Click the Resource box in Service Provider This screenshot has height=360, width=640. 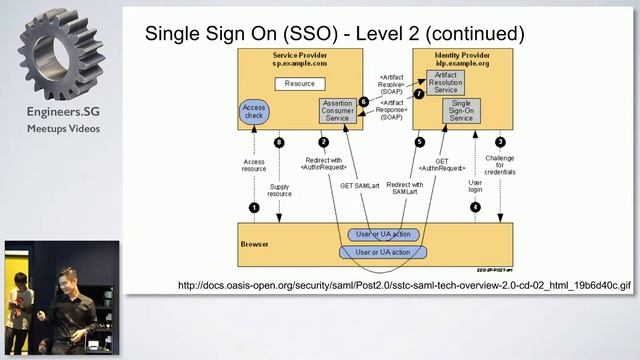pyautogui.click(x=299, y=85)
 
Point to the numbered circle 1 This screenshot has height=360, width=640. pyautogui.click(x=254, y=207)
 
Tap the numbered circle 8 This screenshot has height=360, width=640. pyautogui.click(x=279, y=142)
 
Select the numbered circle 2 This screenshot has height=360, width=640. pyautogui.click(x=323, y=142)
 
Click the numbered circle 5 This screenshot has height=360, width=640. pyautogui.click(x=420, y=142)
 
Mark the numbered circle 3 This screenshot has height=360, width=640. pyautogui.click(x=500, y=142)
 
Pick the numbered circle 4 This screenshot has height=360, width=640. pyautogui.click(x=475, y=207)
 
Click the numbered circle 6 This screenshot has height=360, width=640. pyautogui.click(x=363, y=102)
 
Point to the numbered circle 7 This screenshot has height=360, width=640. pyautogui.click(x=420, y=94)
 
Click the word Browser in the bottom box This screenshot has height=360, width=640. pyautogui.click(x=256, y=242)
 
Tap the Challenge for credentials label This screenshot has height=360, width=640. pyautogui.click(x=500, y=166)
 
